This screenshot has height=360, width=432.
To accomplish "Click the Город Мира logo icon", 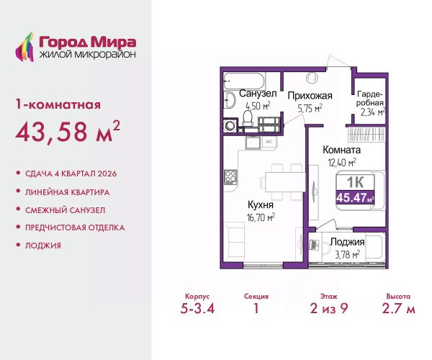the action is [24, 47].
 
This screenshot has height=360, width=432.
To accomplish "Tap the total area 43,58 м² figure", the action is [68, 131].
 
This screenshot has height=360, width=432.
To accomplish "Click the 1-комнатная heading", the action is [58, 104].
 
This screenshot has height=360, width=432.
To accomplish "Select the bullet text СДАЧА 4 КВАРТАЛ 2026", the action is [71, 174].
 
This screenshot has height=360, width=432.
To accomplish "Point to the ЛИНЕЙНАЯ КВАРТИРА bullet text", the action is [67, 192].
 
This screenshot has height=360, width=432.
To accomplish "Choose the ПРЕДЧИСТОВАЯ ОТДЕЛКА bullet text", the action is [75, 228].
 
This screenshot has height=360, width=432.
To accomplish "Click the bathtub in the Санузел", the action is [244, 81].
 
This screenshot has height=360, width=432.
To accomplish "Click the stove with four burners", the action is [230, 177].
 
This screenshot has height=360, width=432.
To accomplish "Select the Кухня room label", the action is [261, 205].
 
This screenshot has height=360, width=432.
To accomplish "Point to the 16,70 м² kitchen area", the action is [261, 217].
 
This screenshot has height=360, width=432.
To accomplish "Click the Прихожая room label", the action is [310, 96].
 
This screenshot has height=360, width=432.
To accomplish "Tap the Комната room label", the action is [341, 150].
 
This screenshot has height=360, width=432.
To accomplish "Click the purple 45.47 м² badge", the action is [355, 197].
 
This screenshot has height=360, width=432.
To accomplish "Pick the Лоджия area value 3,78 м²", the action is [347, 254].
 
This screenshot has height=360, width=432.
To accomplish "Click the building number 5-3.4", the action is [197, 308].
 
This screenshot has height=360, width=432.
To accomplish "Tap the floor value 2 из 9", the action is [329, 308].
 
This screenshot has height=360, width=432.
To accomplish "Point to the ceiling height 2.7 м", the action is [398, 308].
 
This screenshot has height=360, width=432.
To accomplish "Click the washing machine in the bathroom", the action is [230, 125].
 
